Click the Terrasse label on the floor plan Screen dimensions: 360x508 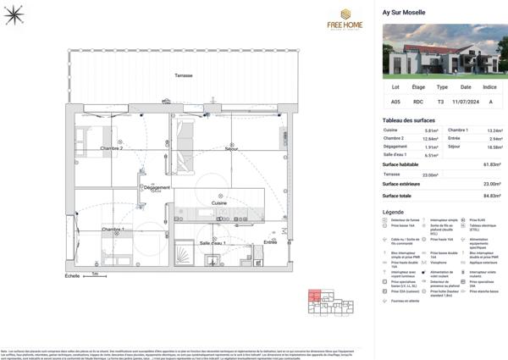pos(183,75)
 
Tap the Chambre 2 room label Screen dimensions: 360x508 pos(112,148)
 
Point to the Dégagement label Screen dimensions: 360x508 pos(157,187)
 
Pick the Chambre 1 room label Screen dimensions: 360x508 pos(113,230)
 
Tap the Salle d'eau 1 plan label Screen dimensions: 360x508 pos(212,243)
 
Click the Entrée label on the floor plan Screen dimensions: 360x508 pos(270,242)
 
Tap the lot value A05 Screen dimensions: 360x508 pos(395,101)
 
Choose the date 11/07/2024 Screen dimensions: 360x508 pos(466,101)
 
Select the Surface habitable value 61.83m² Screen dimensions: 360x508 pos(492,164)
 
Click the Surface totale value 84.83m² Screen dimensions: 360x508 pos(492,196)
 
